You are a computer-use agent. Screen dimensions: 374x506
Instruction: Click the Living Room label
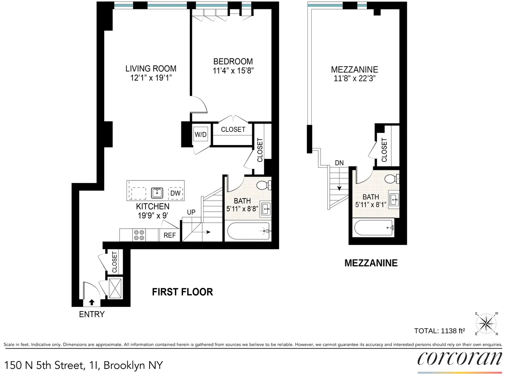coord(151,69)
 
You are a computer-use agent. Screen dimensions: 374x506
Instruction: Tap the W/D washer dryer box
coord(200,135)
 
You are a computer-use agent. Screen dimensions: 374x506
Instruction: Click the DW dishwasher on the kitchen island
coord(175,194)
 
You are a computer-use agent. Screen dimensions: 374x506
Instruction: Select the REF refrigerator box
coord(170,235)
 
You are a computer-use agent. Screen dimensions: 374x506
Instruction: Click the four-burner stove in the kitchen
coord(139,235)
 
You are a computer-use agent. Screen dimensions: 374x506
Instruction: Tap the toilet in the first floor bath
coord(264,185)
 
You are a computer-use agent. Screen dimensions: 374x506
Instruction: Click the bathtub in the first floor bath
coord(248,231)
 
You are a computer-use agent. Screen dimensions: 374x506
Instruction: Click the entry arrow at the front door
coord(92,302)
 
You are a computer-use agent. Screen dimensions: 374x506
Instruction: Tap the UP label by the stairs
coord(191,212)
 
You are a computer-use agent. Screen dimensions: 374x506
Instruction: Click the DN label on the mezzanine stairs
coord(339,162)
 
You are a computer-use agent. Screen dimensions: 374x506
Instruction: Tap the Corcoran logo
coord(459,358)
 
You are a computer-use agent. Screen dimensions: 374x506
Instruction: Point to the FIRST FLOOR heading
coord(182,292)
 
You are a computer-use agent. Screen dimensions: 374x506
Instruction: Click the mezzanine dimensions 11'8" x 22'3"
coord(354,78)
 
